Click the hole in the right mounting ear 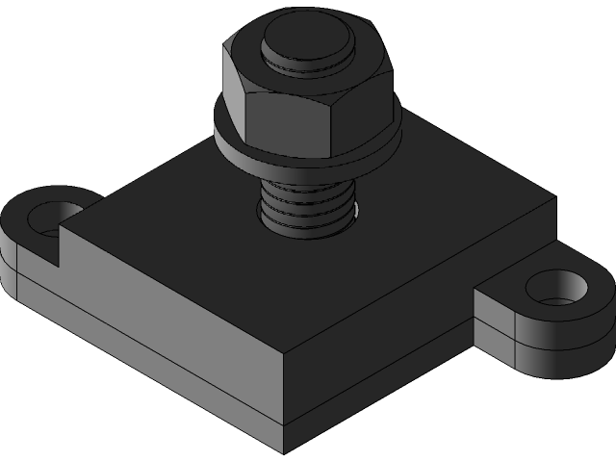pos(557,288)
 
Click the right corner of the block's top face pos(552,202)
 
